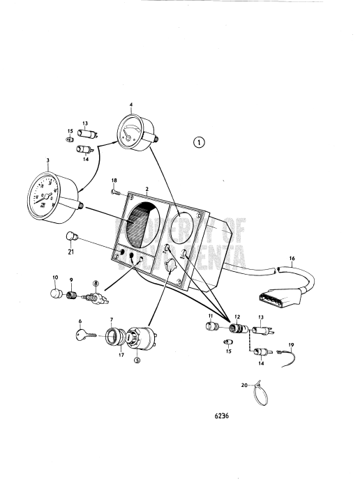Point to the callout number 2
[x=147, y=189]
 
